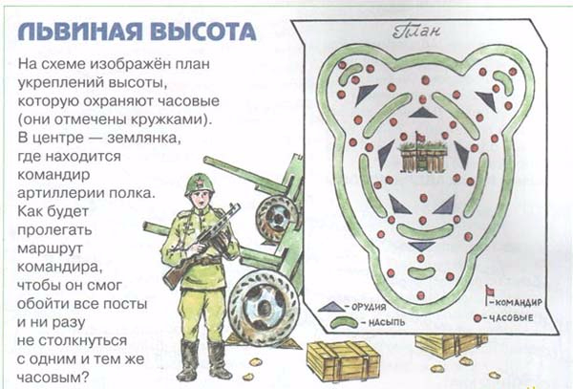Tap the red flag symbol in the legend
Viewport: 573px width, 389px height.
[x=489, y=292]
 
